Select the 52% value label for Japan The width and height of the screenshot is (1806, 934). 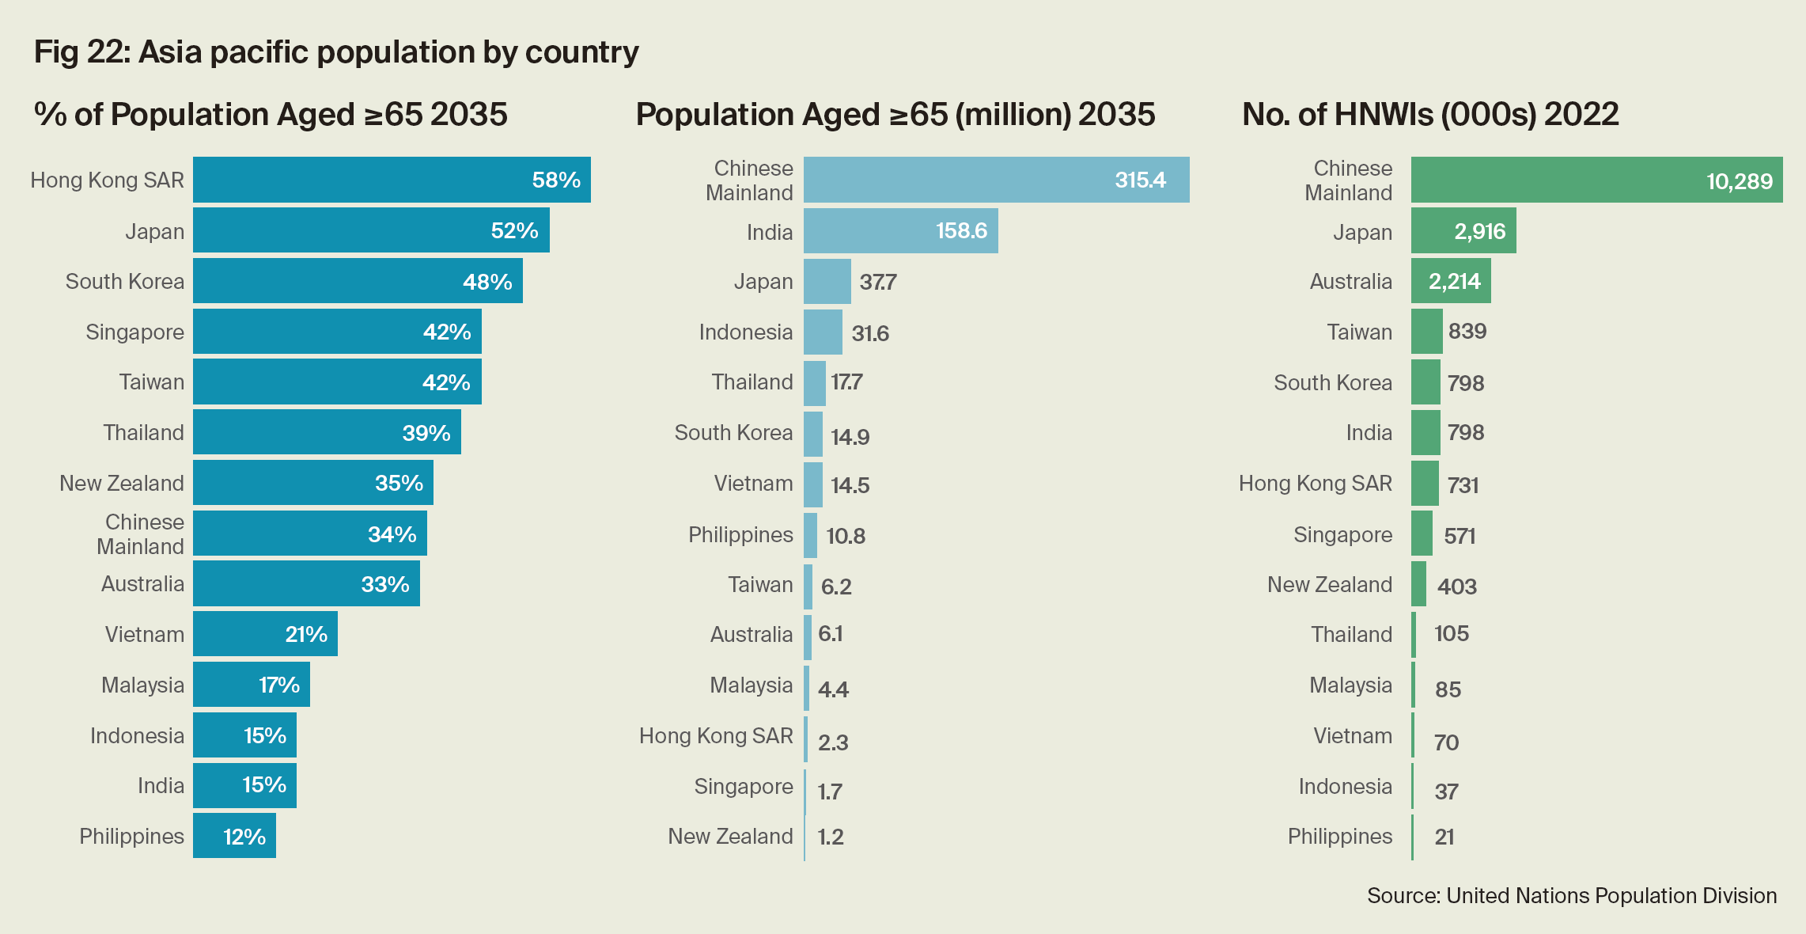514,230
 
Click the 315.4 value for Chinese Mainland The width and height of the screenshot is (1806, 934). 1140,180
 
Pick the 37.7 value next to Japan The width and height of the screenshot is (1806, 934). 877,282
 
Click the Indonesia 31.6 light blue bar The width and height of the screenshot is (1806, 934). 823,332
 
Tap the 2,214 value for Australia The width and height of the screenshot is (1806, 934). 1454,281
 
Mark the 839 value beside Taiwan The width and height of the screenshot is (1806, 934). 1467,331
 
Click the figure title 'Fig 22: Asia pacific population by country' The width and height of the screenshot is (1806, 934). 336,52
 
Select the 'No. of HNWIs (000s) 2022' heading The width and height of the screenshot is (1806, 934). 1430,115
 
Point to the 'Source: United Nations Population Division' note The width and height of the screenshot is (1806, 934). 1572,895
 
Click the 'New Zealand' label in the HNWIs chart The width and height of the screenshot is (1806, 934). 1329,584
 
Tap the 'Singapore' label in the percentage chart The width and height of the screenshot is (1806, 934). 134,332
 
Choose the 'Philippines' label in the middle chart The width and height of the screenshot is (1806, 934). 740,534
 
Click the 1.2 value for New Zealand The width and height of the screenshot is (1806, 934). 831,837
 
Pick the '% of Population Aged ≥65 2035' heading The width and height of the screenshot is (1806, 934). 271,115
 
